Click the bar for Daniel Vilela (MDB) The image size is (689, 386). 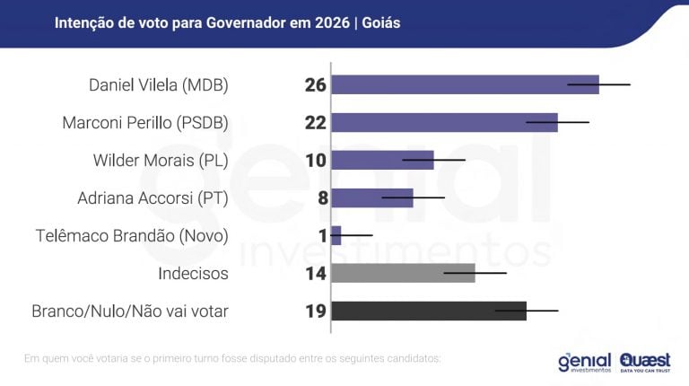coord(465,84)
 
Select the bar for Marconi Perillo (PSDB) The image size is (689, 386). coord(444,122)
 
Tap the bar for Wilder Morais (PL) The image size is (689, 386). coord(382,160)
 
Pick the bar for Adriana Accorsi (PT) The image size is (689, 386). coord(372,197)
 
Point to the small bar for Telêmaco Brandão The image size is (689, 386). coord(336,235)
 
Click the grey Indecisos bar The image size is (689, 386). coord(403,273)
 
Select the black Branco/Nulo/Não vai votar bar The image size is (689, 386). coord(429,311)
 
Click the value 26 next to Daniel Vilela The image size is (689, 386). coord(315,85)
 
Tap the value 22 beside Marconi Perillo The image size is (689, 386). coord(315,123)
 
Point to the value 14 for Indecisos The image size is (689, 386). coord(315,274)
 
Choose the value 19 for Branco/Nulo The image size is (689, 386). coord(315,311)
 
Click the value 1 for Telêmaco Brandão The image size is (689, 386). coord(321,236)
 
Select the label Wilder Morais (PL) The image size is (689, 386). coord(161,161)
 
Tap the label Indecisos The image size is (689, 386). coord(193,274)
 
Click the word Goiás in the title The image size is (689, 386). coord(382,22)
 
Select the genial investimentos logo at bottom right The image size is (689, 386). coord(584,361)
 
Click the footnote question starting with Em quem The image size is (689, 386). coord(232,359)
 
